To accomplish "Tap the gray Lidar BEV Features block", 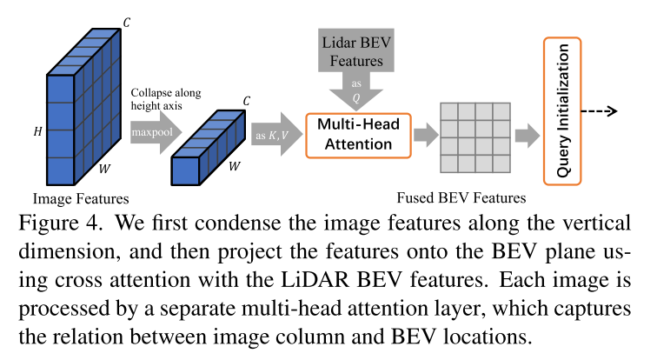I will click(x=355, y=55).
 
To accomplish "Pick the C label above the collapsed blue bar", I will click(x=246, y=101).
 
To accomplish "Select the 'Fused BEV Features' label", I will click(x=461, y=197).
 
